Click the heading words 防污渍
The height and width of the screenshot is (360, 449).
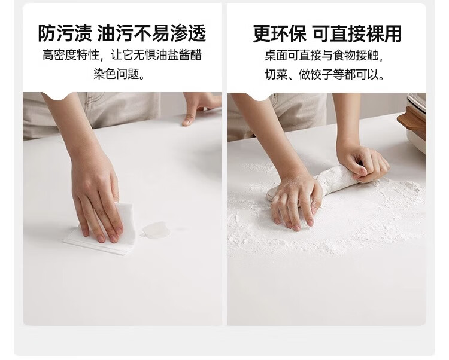pos(65,33)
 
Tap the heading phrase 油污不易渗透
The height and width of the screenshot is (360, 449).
pos(152,33)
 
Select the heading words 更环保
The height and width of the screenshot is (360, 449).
pos(280,33)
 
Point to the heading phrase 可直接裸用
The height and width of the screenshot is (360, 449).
pos(357,33)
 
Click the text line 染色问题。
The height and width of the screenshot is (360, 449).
pos(119,74)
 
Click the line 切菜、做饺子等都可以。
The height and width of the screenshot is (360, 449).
pos(324,74)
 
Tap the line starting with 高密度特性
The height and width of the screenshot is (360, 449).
pos(122,55)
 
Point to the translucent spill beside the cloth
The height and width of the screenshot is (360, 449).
pos(156,230)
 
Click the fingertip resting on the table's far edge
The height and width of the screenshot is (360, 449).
pos(188,120)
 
